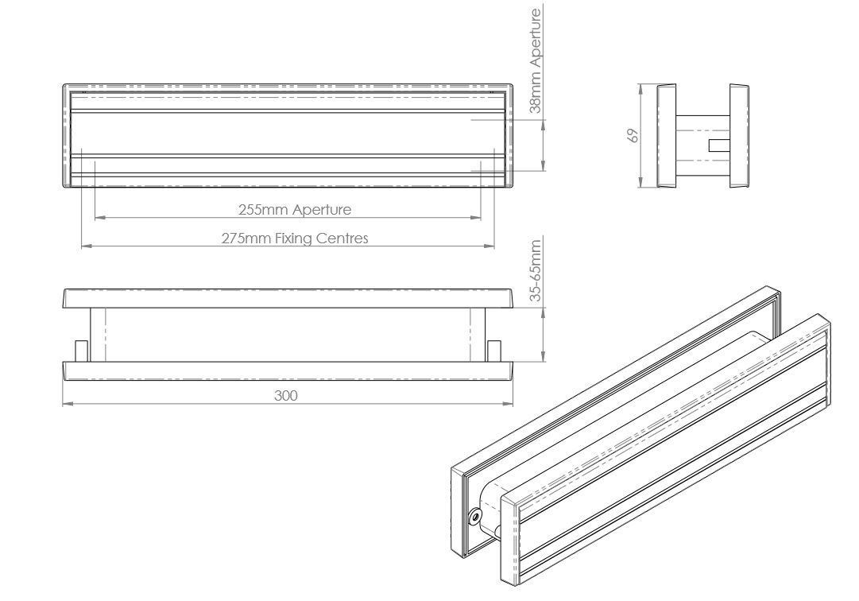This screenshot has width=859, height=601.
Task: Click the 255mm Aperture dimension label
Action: [x=295, y=209]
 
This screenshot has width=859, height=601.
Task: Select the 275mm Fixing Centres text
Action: [x=295, y=238]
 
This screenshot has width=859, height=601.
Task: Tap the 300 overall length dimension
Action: [x=285, y=396]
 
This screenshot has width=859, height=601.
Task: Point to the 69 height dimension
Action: [x=633, y=135]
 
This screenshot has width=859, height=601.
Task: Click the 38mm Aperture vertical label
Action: [x=536, y=60]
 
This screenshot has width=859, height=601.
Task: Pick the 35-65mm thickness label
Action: [x=536, y=270]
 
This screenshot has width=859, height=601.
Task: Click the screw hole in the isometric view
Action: [x=474, y=515]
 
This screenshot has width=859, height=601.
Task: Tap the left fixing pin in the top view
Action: [x=81, y=351]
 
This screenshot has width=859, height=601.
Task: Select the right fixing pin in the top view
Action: [x=493, y=351]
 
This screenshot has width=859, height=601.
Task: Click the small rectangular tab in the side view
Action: [x=719, y=145]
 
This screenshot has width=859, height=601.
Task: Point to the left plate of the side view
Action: [x=667, y=136]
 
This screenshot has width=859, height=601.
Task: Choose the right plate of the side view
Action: [x=739, y=136]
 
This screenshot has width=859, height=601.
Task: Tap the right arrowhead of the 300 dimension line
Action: [x=508, y=404]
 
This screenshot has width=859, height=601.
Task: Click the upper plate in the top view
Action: [x=288, y=298]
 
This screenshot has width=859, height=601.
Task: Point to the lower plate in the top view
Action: [x=288, y=371]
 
